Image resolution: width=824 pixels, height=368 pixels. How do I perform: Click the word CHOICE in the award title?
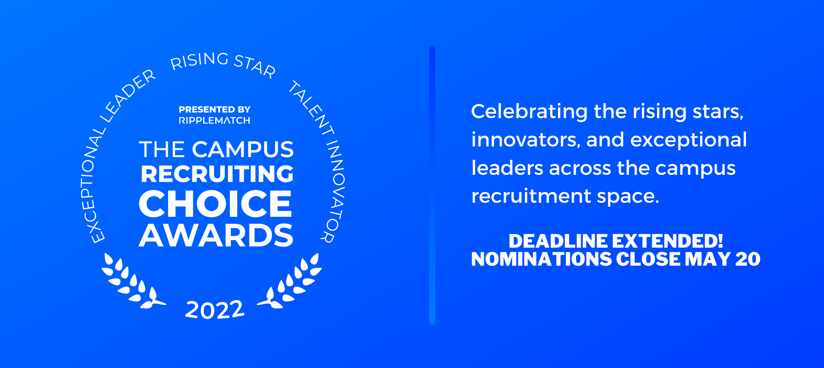coord(215,204)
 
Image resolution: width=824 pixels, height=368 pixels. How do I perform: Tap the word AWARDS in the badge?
coord(216,236)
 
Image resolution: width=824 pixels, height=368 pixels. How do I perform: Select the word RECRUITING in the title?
coord(217,174)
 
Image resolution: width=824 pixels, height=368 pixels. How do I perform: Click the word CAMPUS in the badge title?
coord(242,149)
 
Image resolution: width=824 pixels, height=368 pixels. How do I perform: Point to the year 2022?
coord(214,309)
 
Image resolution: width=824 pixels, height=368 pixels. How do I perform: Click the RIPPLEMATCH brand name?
coord(214,121)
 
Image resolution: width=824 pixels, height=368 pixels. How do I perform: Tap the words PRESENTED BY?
coord(214,110)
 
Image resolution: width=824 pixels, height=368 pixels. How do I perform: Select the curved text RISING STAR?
coord(223,63)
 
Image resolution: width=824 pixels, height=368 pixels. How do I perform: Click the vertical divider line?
coord(432,184)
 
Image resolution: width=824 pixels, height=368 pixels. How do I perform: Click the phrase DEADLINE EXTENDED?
coord(615,241)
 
